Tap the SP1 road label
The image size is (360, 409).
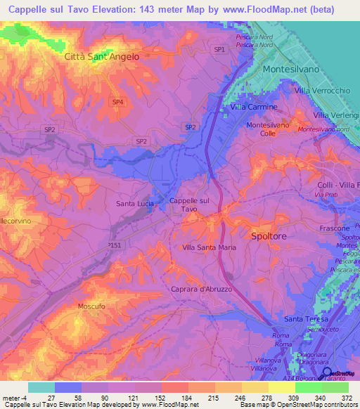click(219, 49)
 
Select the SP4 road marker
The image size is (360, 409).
click(118, 102)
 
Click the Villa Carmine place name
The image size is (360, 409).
click(254, 107)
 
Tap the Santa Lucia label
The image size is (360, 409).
click(135, 204)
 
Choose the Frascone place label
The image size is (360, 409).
click(335, 229)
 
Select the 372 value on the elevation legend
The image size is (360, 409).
click(339, 397)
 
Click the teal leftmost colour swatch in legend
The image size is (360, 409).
click(41, 387)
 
